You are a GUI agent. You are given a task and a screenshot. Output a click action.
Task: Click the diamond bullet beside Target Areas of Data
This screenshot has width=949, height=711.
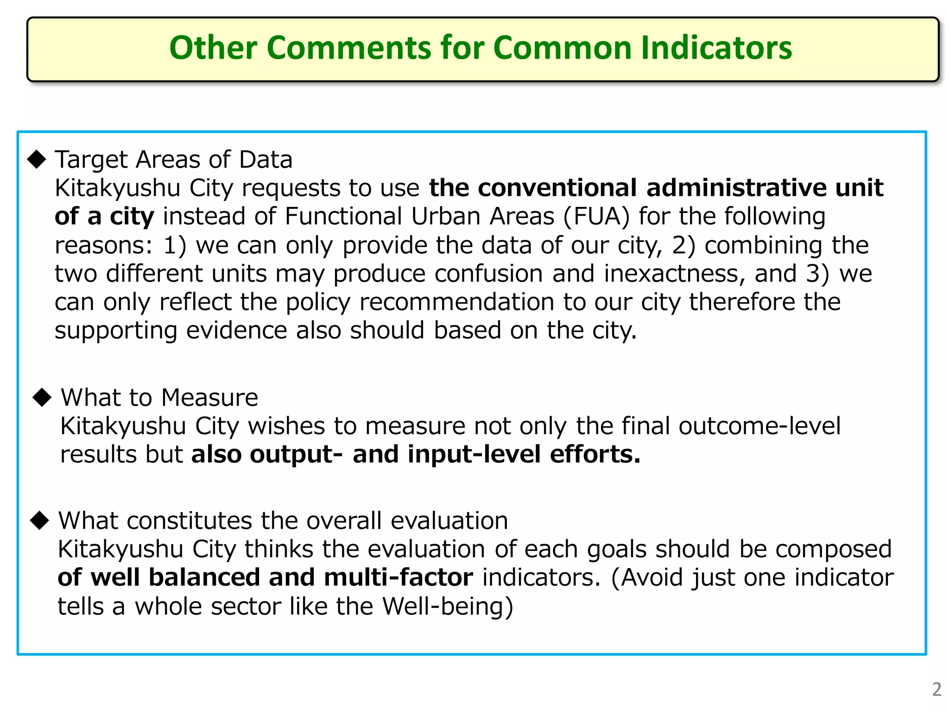click(x=37, y=159)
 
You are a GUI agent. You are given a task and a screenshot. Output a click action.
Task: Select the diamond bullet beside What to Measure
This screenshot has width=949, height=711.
click(x=42, y=397)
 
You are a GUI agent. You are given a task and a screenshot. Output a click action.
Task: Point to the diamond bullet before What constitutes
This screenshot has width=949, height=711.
click(x=39, y=520)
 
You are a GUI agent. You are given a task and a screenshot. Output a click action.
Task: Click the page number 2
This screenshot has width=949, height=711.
click(x=936, y=690)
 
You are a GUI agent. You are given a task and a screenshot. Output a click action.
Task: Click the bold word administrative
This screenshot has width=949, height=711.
click(x=736, y=188)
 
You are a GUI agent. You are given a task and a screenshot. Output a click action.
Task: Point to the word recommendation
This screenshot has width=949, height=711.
click(x=456, y=302)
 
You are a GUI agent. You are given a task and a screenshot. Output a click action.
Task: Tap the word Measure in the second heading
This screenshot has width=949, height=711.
click(x=209, y=398)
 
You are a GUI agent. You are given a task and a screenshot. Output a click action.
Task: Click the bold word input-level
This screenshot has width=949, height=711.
click(x=474, y=455)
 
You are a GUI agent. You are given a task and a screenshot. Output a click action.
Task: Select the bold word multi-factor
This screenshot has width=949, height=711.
click(x=399, y=578)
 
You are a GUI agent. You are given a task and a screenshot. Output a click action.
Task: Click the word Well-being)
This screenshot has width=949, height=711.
click(x=448, y=606)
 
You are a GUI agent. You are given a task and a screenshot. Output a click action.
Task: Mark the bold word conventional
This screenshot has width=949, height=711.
click(x=557, y=188)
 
